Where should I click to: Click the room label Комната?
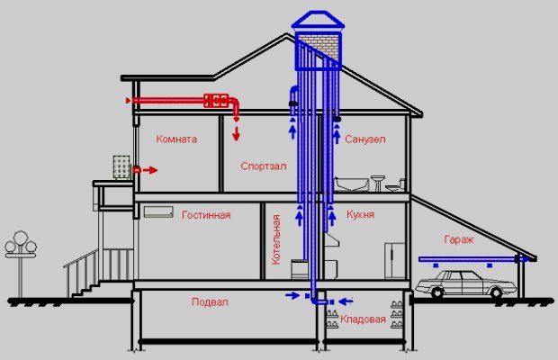click(x=176, y=139)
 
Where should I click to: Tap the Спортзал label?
click(x=264, y=166)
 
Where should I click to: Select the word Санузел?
click(x=365, y=139)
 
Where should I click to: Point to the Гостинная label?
click(x=206, y=215)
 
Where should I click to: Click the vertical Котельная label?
click(x=276, y=239)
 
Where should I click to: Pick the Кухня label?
click(x=360, y=214)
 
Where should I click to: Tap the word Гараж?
click(x=459, y=239)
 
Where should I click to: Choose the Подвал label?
click(x=210, y=302)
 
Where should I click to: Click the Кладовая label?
click(x=363, y=319)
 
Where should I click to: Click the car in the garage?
click(x=465, y=284)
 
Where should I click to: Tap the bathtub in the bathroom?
click(x=351, y=184)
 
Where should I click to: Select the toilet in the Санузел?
click(x=395, y=185)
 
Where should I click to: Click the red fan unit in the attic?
click(x=216, y=101)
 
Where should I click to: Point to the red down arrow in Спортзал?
click(x=236, y=133)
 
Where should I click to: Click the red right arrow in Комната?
click(x=150, y=170)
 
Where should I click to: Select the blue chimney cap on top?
click(x=318, y=20)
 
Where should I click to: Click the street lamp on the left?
click(x=21, y=263)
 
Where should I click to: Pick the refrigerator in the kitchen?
click(x=395, y=261)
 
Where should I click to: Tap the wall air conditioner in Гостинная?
click(x=158, y=212)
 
